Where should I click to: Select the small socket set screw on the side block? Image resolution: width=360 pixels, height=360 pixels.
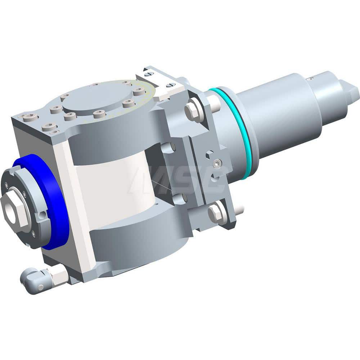[x=216, y=164]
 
